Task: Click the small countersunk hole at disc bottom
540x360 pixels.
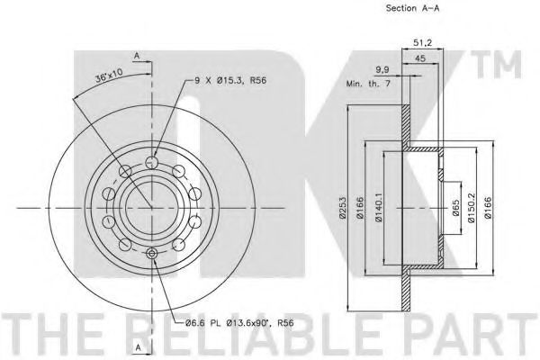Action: (151, 255)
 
